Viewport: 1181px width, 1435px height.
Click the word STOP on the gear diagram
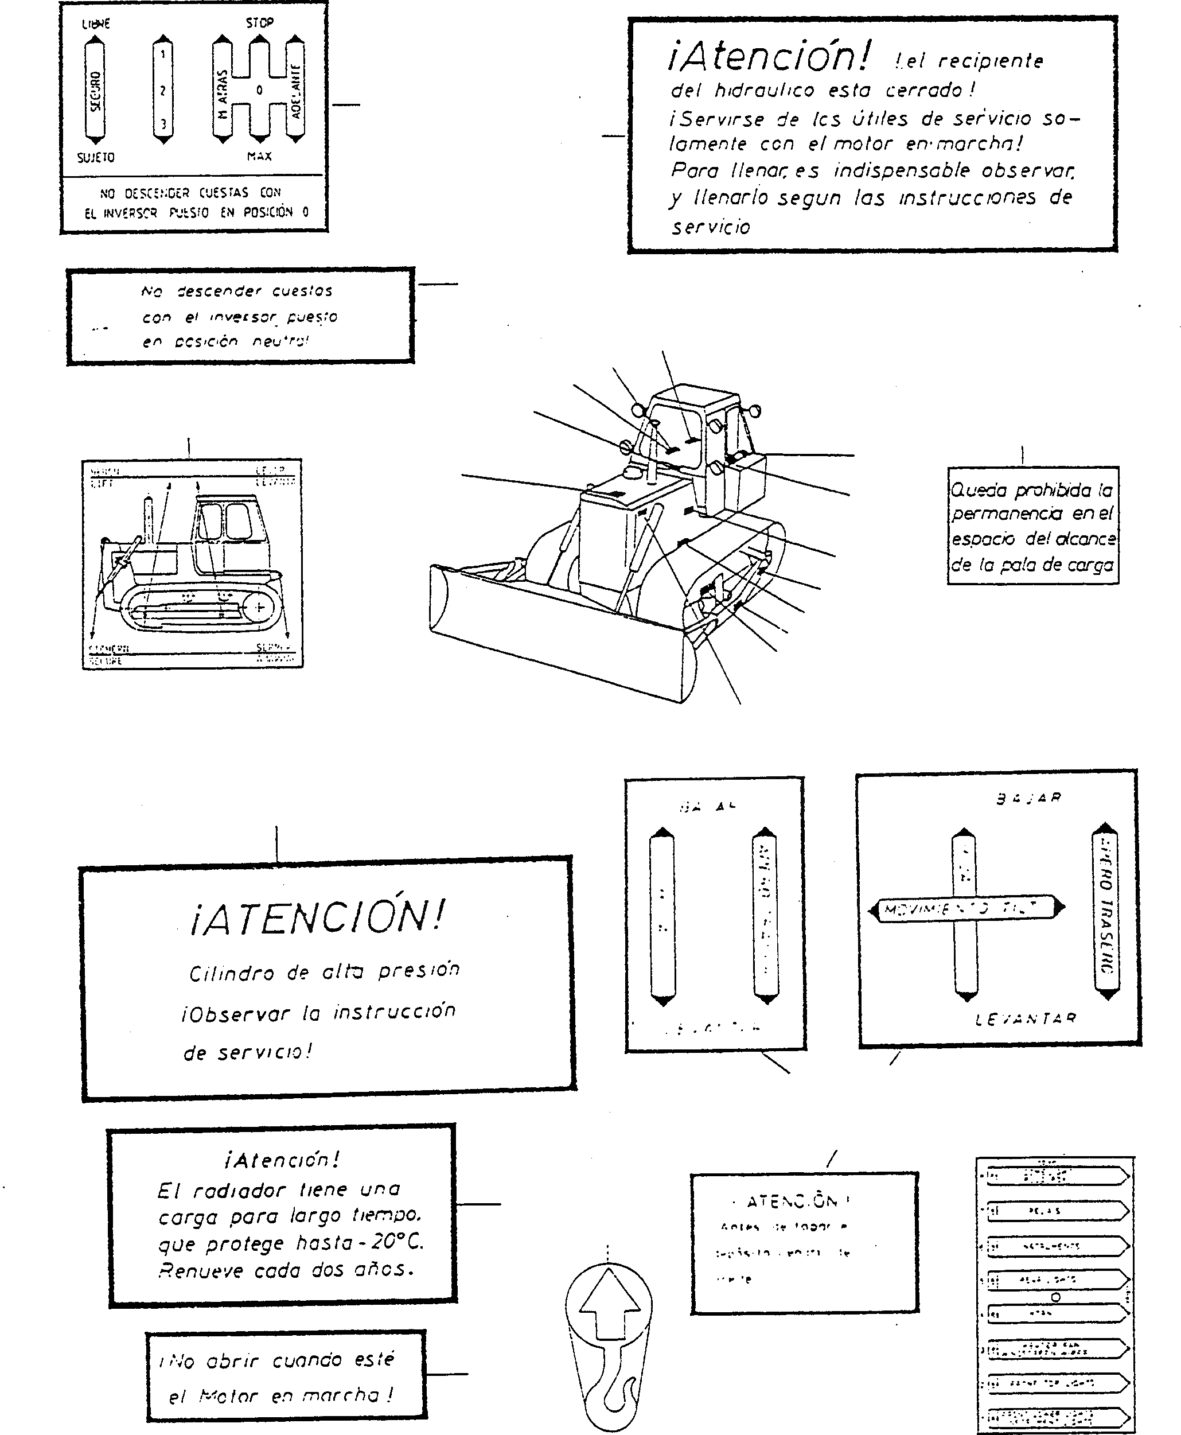coord(259,23)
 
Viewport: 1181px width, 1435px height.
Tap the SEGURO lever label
coord(95,91)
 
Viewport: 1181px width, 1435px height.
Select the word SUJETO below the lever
coord(95,157)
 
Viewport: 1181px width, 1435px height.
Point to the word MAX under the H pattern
coord(259,156)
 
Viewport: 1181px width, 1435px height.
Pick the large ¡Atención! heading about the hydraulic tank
coord(769,56)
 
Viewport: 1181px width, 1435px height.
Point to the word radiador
coord(239,1191)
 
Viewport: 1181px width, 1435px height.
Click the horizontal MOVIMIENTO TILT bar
coord(966,908)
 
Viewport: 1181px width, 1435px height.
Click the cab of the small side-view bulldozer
coord(231,527)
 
